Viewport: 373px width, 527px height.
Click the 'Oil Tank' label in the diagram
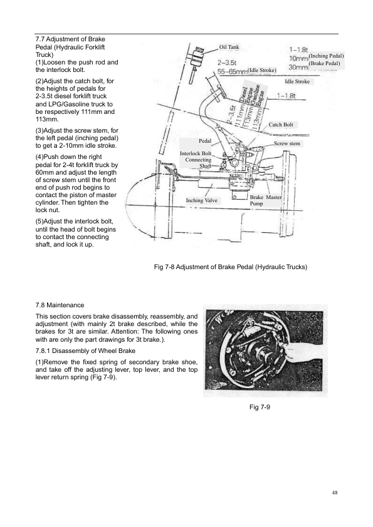click(229, 47)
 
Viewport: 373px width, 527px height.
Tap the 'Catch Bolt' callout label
click(281, 125)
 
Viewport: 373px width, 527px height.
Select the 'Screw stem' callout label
click(287, 143)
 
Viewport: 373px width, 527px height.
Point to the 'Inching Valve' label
click(202, 200)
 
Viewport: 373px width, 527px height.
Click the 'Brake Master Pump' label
click(265, 200)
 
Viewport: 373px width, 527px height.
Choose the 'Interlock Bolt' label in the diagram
click(196, 153)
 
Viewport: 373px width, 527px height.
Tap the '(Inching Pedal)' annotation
click(326, 56)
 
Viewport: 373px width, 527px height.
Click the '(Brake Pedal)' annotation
click(324, 63)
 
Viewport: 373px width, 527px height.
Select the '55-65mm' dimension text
click(233, 71)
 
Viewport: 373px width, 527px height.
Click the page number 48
click(334, 493)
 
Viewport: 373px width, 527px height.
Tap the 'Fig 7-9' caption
click(260, 407)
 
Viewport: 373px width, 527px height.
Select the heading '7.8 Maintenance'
click(60, 305)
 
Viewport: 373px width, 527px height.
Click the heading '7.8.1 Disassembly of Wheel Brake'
click(85, 351)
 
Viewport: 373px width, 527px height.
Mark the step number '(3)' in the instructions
click(39, 130)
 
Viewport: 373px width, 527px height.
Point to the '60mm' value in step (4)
click(43, 172)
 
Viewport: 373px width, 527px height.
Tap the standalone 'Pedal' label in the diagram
click(205, 141)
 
